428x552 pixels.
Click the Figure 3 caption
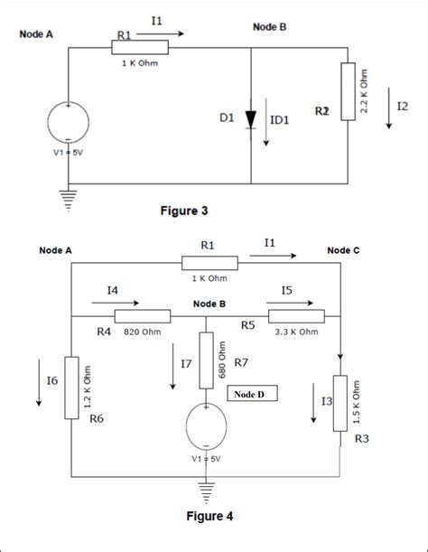click(184, 211)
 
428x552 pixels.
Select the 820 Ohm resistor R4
click(142, 316)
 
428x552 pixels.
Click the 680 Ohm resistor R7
click(207, 356)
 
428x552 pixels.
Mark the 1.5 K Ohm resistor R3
click(340, 401)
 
